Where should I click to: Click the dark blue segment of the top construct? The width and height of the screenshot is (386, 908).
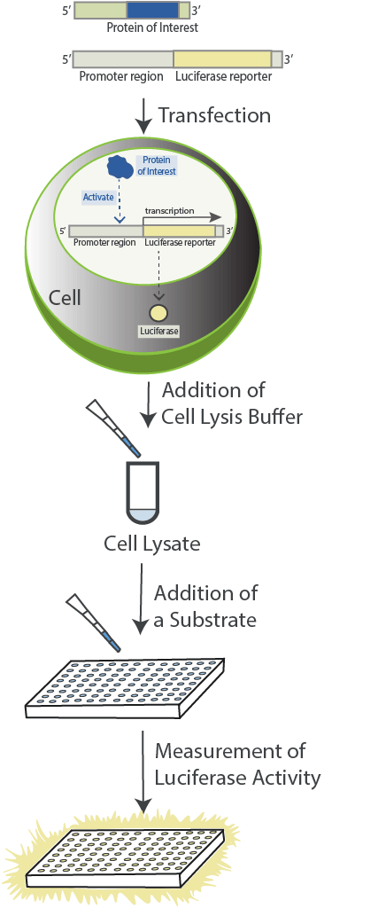coord(152,11)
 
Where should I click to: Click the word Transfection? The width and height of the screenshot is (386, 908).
coord(214,115)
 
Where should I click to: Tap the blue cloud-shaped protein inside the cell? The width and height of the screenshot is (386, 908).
coord(121,166)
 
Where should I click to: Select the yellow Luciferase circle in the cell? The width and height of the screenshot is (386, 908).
coord(158,313)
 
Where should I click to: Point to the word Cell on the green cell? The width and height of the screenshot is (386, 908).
coord(65,298)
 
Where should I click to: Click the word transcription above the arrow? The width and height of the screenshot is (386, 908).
coord(170,211)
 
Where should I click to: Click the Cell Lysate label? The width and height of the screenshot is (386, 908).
coord(152,544)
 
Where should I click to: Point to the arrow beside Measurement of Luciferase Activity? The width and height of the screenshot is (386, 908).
coord(143,771)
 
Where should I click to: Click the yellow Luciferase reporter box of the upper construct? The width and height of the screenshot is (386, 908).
coord(222,59)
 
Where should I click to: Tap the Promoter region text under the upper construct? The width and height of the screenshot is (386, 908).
coord(121,76)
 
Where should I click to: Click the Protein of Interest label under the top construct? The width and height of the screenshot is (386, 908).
coord(152,27)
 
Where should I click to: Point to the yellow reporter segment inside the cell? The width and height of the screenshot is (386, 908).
coord(179,231)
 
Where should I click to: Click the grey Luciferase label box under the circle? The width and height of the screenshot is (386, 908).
coord(158,332)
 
